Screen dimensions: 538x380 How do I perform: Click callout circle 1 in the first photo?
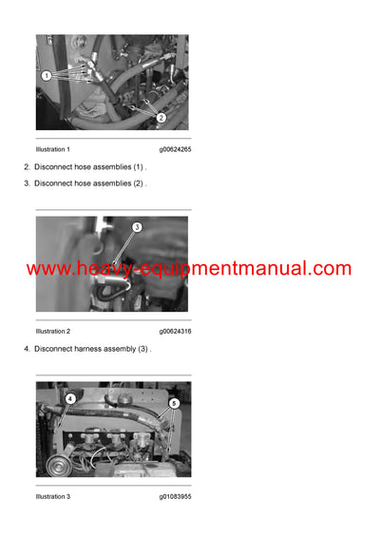coord(46,74)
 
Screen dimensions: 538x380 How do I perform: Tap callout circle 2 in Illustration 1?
coord(160,118)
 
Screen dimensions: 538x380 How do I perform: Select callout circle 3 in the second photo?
coord(137,227)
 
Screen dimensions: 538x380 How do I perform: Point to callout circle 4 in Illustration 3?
coord(69,398)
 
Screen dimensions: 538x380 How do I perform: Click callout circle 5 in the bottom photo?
coord(173,403)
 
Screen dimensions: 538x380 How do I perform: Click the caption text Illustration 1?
coord(52,149)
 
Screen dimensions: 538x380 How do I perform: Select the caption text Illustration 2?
coord(52,331)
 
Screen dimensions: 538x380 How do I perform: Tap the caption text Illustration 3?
coord(52,495)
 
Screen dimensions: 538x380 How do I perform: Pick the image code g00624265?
coord(175,149)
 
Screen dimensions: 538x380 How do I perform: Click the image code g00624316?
coord(175,331)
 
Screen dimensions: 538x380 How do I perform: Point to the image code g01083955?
coord(175,495)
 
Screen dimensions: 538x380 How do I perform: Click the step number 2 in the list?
coord(27,167)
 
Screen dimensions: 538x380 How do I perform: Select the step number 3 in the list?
coord(27,183)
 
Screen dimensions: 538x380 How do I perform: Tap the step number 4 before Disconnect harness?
coord(27,349)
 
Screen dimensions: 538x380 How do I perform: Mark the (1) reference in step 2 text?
coord(139,167)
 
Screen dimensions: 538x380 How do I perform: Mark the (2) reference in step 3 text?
coord(139,183)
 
